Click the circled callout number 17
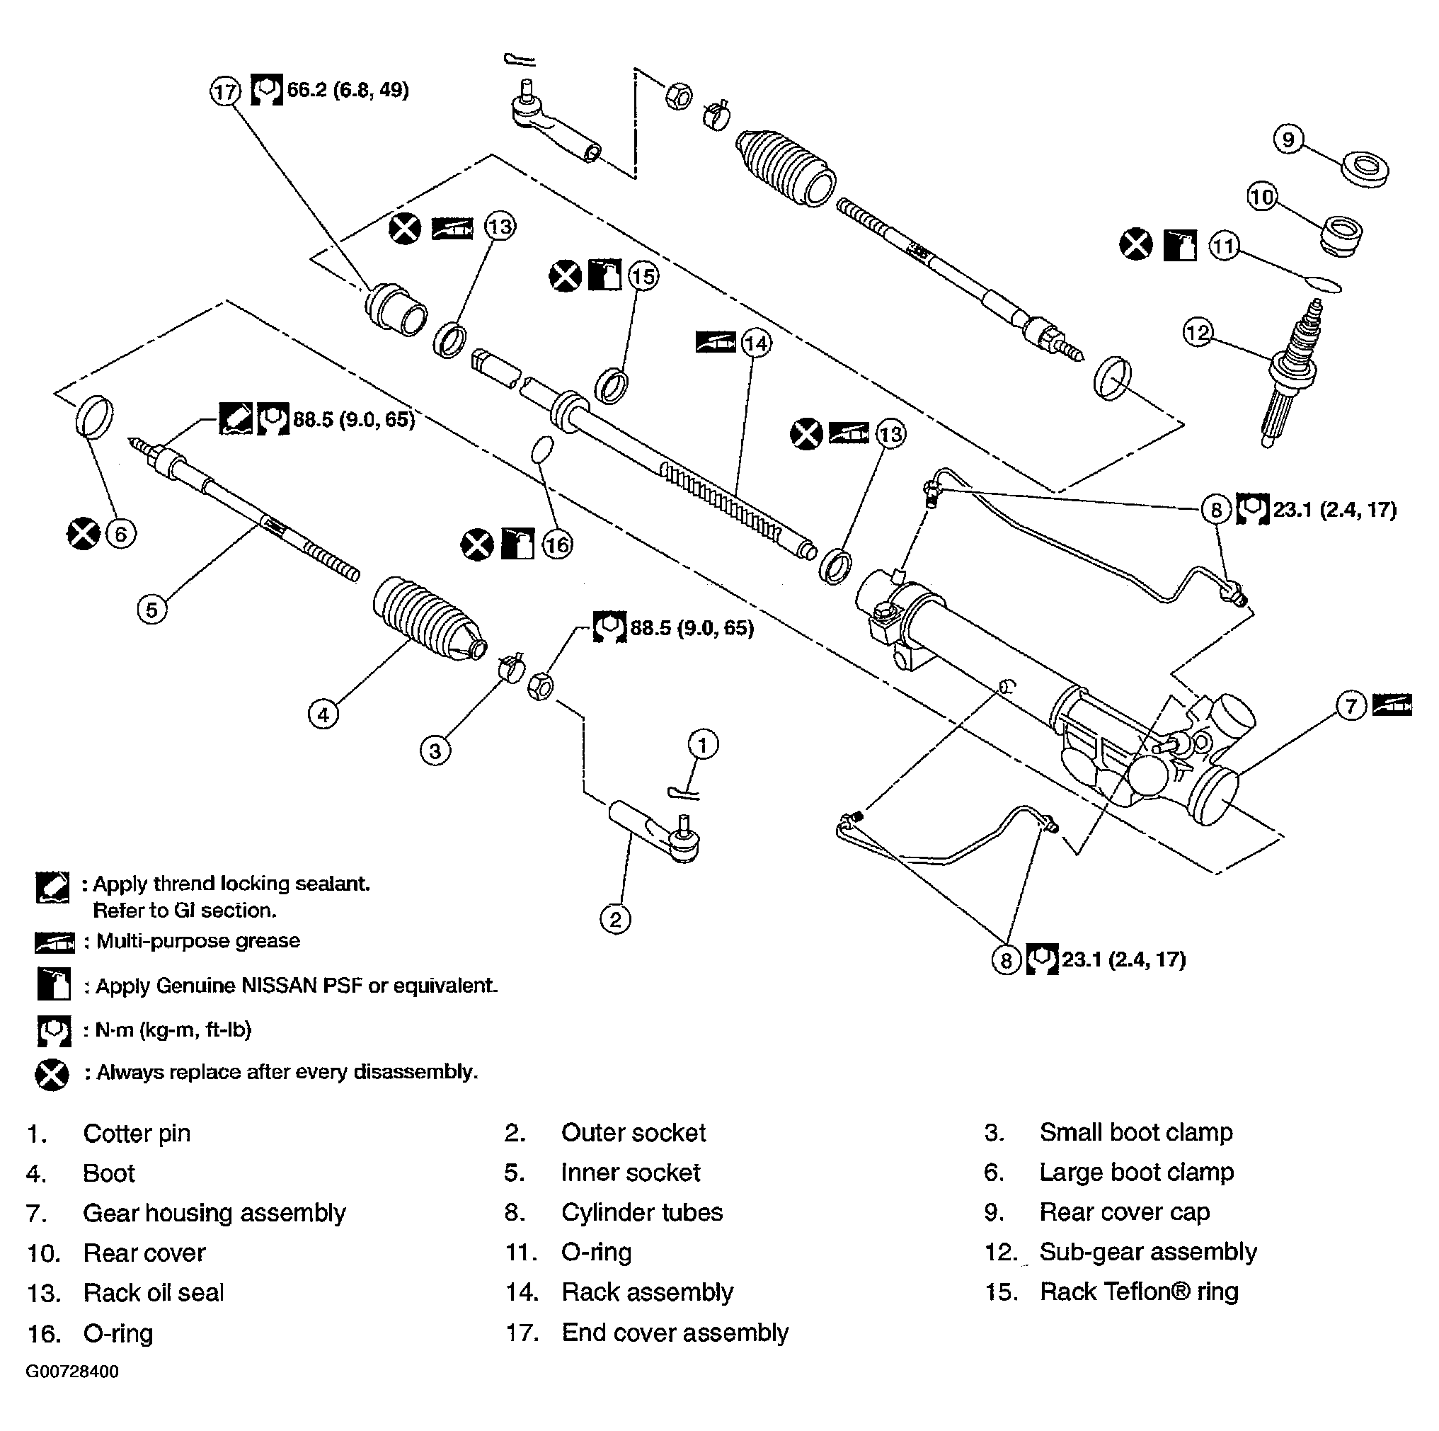(224, 92)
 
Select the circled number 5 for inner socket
(152, 610)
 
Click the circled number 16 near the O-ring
(557, 545)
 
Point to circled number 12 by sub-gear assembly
(1198, 332)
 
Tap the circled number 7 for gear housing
(1351, 705)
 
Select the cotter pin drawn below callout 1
(684, 792)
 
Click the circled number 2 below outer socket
(615, 919)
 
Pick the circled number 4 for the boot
(323, 715)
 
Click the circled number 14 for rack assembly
(755, 343)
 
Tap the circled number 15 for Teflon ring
(643, 276)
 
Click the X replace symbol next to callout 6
(83, 533)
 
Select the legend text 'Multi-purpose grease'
(198, 941)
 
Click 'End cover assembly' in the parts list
(674, 1333)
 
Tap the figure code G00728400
(72, 1372)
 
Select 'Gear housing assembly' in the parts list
(214, 1214)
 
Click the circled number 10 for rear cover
(1262, 198)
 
